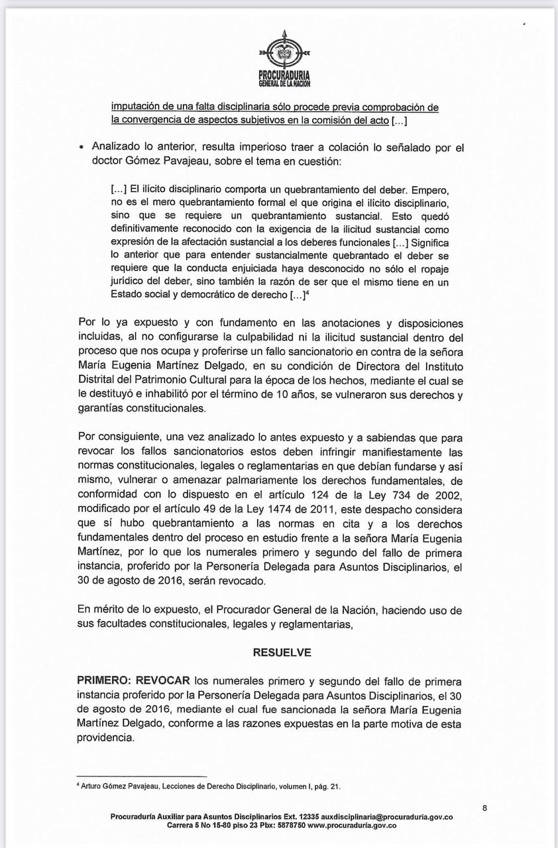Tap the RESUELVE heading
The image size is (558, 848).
click(x=282, y=652)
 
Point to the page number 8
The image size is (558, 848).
click(x=485, y=808)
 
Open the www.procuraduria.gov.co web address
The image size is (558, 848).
click(x=352, y=825)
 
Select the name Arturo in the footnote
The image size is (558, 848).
click(x=93, y=786)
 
